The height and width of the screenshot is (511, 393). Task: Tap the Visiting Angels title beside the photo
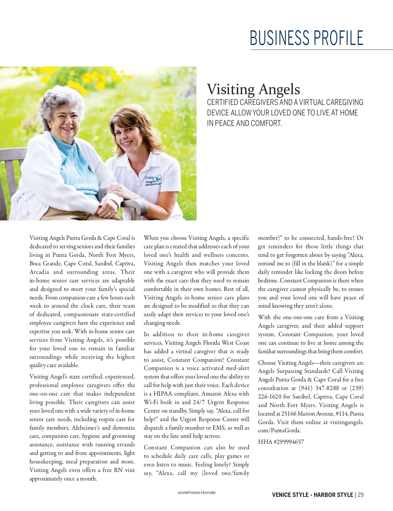tap(253, 89)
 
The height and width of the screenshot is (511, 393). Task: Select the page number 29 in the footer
tap(360, 495)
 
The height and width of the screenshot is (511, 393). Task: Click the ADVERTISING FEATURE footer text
tap(196, 493)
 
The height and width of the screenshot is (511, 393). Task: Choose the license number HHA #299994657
tap(281, 442)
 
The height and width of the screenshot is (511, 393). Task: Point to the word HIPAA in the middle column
tap(163, 394)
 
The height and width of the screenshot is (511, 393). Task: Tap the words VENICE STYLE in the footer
tap(290, 495)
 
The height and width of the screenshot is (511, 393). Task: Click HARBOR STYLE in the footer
tap(333, 495)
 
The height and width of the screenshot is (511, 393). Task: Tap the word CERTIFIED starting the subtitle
tap(222, 102)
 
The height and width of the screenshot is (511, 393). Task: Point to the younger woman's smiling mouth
tap(127, 143)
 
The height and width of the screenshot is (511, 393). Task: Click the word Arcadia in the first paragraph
tap(39, 272)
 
